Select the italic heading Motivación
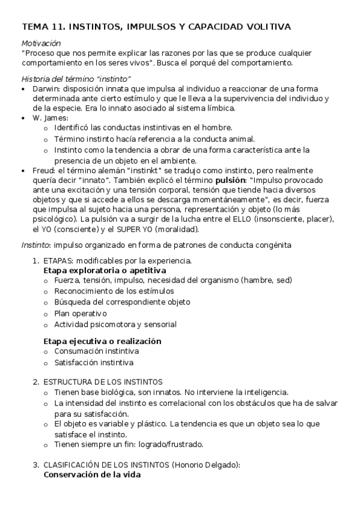pos(41,43)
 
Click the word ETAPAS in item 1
pos(57,260)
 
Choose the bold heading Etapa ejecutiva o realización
pos(102,341)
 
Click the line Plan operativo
pos(80,314)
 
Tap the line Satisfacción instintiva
pos(93,363)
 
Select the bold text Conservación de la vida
pos(92,474)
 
